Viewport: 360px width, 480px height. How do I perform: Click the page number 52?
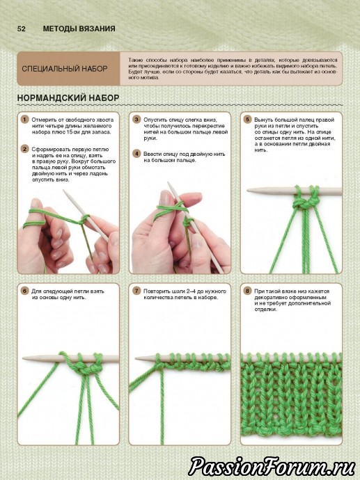21,29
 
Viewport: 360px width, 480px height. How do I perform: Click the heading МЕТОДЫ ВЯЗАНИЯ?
79,29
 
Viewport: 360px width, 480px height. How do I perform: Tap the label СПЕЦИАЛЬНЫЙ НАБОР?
65,69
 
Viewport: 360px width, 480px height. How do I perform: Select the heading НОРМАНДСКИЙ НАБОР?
68,98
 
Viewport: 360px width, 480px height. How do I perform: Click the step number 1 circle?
24,120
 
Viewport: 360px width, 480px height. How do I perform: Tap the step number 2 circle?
24,149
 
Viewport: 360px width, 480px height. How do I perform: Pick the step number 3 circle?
136,120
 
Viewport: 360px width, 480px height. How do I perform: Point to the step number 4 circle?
136,154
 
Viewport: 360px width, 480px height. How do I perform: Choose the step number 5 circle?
247,120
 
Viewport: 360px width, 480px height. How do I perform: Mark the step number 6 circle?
24,291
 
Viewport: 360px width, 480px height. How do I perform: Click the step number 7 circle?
136,291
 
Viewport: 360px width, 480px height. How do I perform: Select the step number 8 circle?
247,291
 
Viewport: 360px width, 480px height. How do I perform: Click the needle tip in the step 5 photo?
248,191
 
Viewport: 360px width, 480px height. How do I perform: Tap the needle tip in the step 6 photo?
24,358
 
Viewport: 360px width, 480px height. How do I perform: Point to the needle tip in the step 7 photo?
136,358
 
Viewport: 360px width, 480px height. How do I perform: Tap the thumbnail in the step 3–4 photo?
166,198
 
